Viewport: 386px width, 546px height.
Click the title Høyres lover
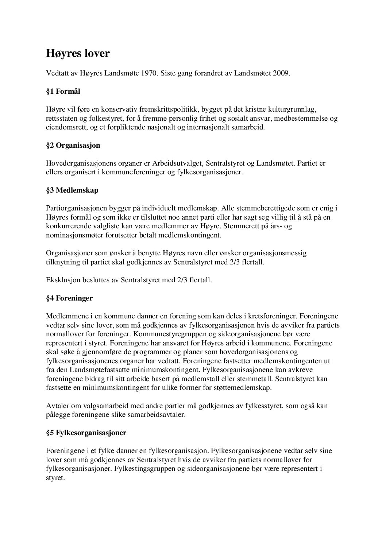[x=78, y=54]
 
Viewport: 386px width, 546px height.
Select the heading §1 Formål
[x=63, y=92]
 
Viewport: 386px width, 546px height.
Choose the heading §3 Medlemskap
[x=72, y=190]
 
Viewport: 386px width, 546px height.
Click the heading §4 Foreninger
[x=69, y=298]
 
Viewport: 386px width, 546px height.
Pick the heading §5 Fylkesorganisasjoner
[x=86, y=433]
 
